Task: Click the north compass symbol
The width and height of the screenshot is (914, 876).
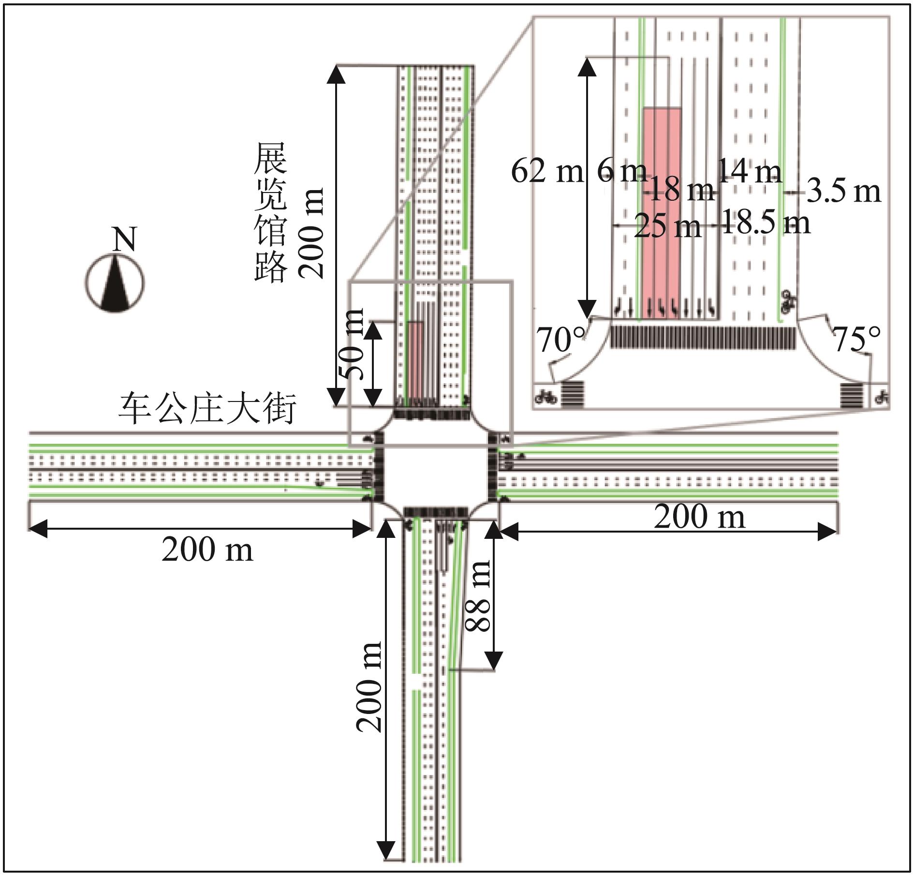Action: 115,283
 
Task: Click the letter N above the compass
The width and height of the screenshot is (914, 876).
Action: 124,239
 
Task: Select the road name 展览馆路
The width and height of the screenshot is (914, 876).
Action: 270,211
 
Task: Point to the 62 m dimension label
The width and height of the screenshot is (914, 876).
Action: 547,171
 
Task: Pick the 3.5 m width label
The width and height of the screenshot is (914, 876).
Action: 843,192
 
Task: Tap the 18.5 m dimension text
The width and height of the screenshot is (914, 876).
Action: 766,223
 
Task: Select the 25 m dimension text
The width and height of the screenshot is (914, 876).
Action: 667,226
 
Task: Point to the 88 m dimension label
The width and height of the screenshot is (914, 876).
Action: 477,595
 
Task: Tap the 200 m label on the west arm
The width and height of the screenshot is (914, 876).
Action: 207,550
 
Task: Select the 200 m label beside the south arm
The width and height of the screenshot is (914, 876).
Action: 369,687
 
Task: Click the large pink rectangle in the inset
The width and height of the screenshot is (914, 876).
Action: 662,213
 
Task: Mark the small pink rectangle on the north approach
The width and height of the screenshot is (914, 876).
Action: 415,359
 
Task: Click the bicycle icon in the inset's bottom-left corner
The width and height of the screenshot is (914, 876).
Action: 546,398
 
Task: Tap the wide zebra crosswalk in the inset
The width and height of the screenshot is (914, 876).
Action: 703,338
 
